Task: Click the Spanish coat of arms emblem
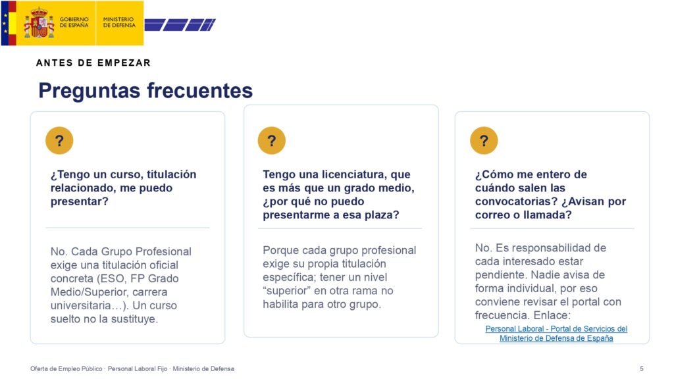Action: click(x=39, y=22)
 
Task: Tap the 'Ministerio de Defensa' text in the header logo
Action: click(x=119, y=22)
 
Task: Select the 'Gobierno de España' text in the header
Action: click(x=74, y=22)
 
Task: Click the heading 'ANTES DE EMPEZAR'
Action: click(x=93, y=63)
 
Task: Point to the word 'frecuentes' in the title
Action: click(x=200, y=90)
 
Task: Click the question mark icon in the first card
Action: click(x=59, y=141)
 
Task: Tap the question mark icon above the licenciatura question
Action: click(x=272, y=141)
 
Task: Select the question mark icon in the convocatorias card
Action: click(x=484, y=141)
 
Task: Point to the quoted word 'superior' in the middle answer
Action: click(x=287, y=291)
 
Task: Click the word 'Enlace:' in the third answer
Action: click(x=552, y=315)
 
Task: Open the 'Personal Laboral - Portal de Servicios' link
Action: click(x=556, y=334)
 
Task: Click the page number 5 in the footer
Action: click(x=642, y=368)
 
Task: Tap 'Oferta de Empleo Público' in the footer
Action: click(x=66, y=368)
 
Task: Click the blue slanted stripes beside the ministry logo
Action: click(x=180, y=25)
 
